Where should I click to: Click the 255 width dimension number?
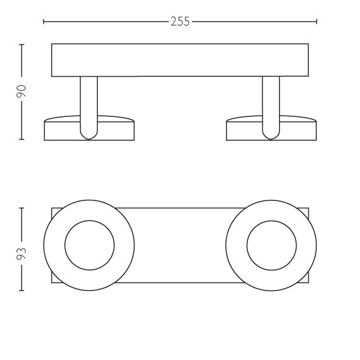(180, 21)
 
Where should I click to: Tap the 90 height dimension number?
(21, 91)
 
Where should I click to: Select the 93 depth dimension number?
(21, 253)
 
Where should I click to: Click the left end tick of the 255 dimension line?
(44, 21)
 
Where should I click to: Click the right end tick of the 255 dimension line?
(317, 21)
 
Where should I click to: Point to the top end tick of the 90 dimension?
(21, 44)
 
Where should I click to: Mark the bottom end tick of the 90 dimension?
(21, 139)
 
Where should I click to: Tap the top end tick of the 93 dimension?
(21, 208)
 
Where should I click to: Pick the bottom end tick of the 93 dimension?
(21, 291)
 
